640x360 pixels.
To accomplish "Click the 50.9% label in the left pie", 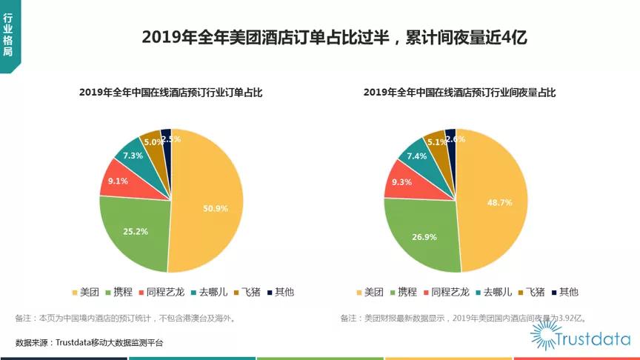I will [x=216, y=209].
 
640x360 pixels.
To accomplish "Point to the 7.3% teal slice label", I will [x=133, y=156].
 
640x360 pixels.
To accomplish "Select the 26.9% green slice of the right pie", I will [x=423, y=236].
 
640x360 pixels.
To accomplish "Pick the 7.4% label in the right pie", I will [x=417, y=156].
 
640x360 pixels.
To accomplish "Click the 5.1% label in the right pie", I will [x=437, y=142].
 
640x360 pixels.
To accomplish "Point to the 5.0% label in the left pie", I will [x=153, y=141].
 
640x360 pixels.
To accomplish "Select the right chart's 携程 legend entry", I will [x=402, y=292].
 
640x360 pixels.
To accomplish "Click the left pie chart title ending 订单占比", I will [x=171, y=93].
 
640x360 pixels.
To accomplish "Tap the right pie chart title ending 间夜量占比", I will [x=459, y=93].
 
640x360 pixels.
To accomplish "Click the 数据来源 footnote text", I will [x=89, y=342].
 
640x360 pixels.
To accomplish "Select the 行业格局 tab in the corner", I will [x=8, y=34].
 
